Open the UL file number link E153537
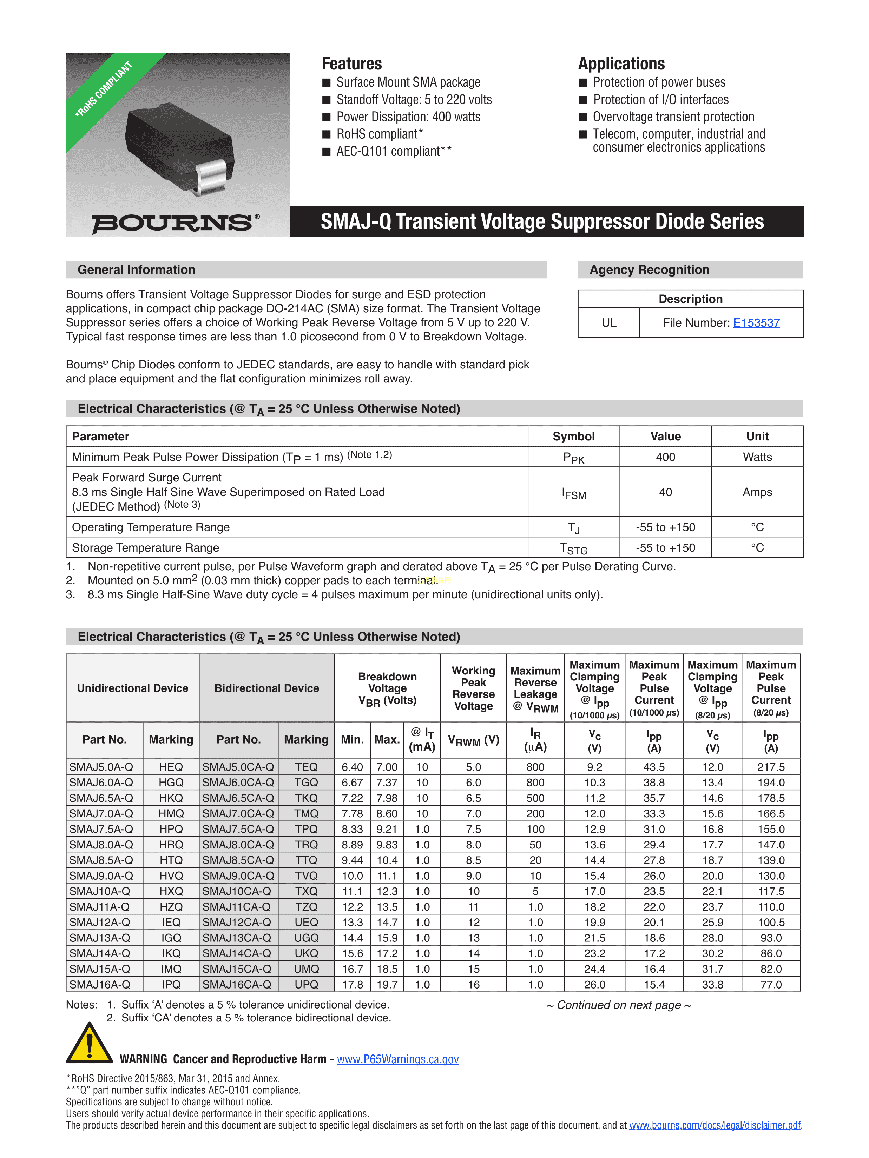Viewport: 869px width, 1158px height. pyautogui.click(x=756, y=323)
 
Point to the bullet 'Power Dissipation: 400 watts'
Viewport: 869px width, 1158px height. pyautogui.click(x=408, y=117)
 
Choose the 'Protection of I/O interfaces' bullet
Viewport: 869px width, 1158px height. pyautogui.click(x=660, y=99)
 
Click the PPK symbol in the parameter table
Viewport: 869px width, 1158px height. pyautogui.click(x=574, y=458)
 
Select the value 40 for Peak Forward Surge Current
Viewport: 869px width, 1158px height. pyautogui.click(x=665, y=492)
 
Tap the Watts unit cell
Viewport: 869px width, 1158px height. pyautogui.click(x=757, y=457)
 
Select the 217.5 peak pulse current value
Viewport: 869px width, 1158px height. pyautogui.click(x=771, y=767)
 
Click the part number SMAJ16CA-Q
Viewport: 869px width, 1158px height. pyautogui.click(x=237, y=984)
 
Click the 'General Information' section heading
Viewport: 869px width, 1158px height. pyautogui.click(x=136, y=269)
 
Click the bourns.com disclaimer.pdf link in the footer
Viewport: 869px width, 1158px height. pyautogui.click(x=715, y=1125)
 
